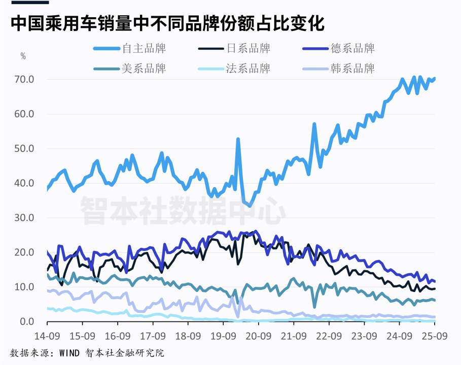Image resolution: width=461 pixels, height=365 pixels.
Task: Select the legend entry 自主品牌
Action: click(144, 49)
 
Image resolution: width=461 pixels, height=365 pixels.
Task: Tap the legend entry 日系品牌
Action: click(249, 49)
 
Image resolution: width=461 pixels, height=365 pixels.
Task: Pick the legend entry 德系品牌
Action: click(352, 49)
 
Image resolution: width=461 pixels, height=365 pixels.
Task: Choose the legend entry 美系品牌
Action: click(144, 68)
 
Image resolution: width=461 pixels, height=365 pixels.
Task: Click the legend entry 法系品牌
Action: click(249, 68)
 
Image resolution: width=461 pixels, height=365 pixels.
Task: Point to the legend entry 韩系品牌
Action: click(352, 68)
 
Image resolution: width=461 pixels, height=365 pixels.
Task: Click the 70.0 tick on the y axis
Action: click(24, 80)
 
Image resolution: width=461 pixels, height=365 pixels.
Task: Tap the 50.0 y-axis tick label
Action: click(24, 149)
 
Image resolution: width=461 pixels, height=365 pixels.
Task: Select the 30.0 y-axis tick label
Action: click(24, 218)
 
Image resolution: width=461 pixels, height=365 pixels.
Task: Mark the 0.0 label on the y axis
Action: click(27, 322)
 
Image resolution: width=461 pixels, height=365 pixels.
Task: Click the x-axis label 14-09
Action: click(47, 336)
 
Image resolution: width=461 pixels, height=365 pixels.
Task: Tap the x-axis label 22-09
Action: click(329, 336)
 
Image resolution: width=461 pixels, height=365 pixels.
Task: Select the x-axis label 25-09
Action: click(435, 336)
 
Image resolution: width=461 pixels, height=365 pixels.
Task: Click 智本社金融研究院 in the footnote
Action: click(125, 353)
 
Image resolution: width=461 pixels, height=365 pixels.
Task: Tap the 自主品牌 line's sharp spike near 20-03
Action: click(238, 139)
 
